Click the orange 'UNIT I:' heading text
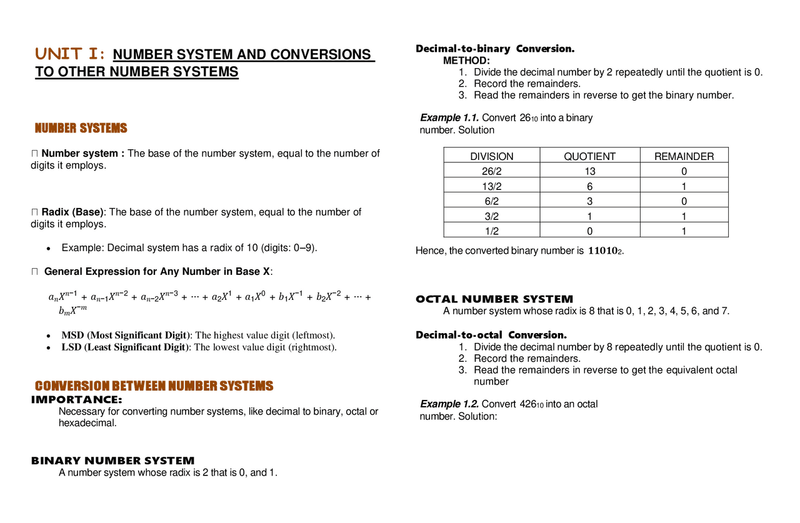click(x=70, y=54)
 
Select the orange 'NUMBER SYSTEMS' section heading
click(x=81, y=128)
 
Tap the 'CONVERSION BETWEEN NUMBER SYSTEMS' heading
click(x=154, y=386)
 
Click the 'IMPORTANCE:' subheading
click(x=76, y=399)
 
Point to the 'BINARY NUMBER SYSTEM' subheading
click(x=112, y=461)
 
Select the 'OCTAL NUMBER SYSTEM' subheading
click(x=494, y=299)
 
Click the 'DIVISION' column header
click(x=491, y=156)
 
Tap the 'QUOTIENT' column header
click(x=589, y=156)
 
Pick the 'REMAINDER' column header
click(x=684, y=156)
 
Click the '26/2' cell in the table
click(x=491, y=171)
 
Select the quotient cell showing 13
click(x=589, y=171)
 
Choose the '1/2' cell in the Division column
click(x=491, y=231)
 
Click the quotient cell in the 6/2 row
click(x=589, y=201)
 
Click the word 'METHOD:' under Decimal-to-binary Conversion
click(x=466, y=61)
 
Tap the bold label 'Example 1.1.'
click(x=449, y=117)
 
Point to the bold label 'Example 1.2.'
click(x=449, y=404)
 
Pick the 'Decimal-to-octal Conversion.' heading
click(x=491, y=335)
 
